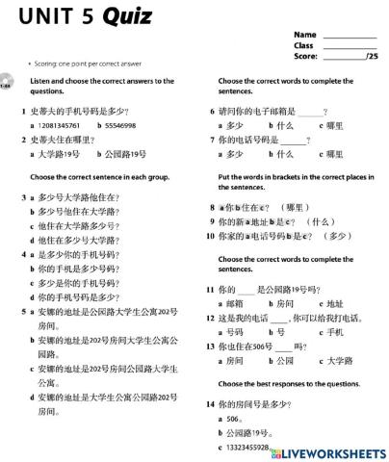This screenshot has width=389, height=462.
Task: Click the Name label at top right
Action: (304, 35)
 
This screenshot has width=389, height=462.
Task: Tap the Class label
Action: (303, 45)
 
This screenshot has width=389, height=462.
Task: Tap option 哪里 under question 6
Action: (335, 125)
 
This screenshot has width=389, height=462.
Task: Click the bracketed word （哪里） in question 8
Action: (293, 207)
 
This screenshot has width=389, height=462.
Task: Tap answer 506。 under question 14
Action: (236, 419)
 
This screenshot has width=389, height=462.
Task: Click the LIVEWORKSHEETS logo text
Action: (334, 451)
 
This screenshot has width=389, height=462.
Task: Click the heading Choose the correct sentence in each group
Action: (100, 177)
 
